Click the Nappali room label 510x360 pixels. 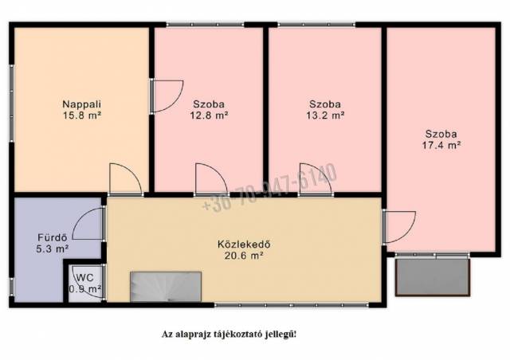click(81, 104)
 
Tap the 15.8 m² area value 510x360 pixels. click(81, 115)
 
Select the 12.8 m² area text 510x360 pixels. click(209, 115)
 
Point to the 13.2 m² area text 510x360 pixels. click(325, 115)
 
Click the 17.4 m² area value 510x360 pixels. click(441, 145)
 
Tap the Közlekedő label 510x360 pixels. click(244, 244)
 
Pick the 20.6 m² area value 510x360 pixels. click(244, 256)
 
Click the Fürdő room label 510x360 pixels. click(53, 237)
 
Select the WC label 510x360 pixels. click(85, 278)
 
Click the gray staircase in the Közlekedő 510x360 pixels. click(166, 287)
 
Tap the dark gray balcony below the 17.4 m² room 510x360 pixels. click(433, 277)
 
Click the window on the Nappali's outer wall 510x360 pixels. click(11, 103)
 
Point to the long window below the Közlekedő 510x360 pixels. click(292, 305)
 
